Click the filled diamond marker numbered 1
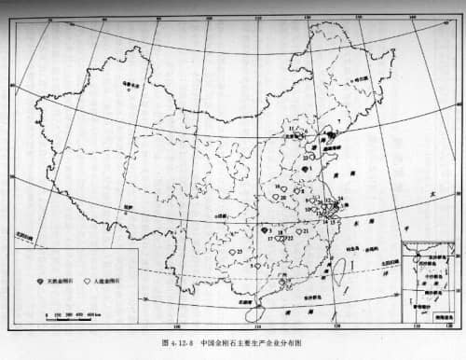click(306, 168)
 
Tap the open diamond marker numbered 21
click(298, 230)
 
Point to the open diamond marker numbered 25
click(232, 251)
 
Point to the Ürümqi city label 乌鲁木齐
click(130, 86)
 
